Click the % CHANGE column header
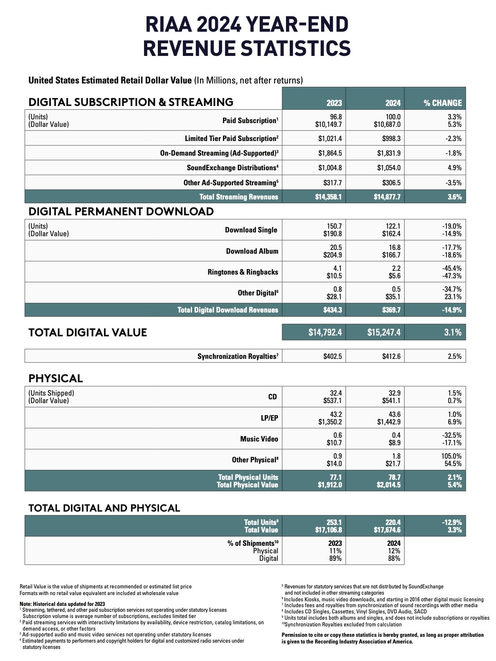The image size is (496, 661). pyautogui.click(x=443, y=103)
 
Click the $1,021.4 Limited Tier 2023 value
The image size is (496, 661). pyautogui.click(x=330, y=139)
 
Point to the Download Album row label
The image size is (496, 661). pyautogui.click(x=252, y=251)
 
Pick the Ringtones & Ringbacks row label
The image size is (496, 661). pyautogui.click(x=243, y=272)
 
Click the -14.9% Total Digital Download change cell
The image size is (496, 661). pyautogui.click(x=452, y=310)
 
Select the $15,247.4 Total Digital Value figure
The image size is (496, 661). pyautogui.click(x=384, y=332)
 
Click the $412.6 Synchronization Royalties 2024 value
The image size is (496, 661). pyautogui.click(x=391, y=356)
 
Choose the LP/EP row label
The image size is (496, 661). pyautogui.click(x=269, y=418)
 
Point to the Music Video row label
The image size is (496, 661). pyautogui.click(x=259, y=439)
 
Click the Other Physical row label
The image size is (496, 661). pyautogui.click(x=255, y=460)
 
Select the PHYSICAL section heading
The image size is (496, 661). pyautogui.click(x=56, y=378)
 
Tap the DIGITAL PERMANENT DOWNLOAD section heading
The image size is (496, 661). pyautogui.click(x=121, y=211)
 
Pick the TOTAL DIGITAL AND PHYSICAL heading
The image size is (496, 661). pyautogui.click(x=104, y=508)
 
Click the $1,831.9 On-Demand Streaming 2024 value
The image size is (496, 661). pyautogui.click(x=389, y=153)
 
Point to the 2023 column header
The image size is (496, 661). pyautogui.click(x=334, y=103)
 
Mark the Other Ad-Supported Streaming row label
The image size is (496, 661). pyautogui.click(x=230, y=183)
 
